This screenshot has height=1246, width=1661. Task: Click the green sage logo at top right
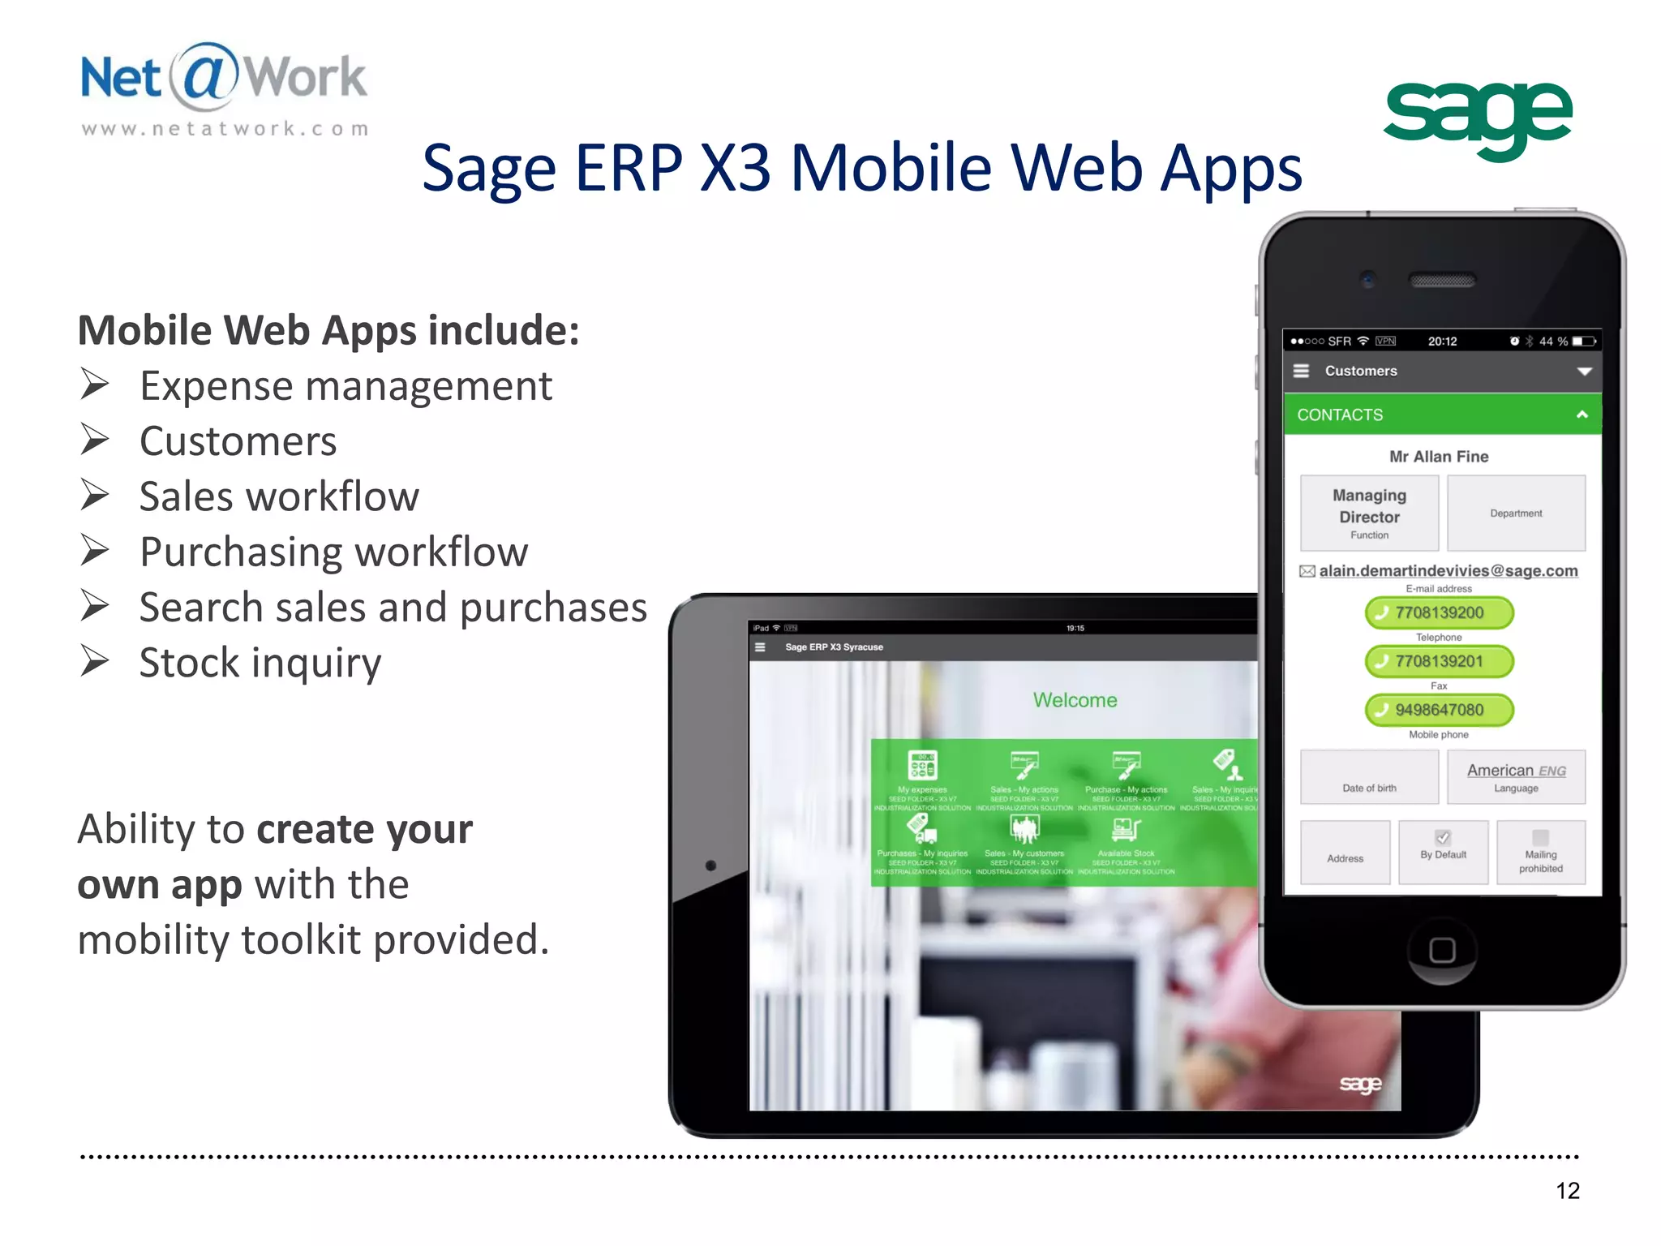(x=1478, y=119)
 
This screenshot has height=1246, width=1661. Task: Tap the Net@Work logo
(x=224, y=88)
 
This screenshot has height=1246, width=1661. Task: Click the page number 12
(x=1567, y=1190)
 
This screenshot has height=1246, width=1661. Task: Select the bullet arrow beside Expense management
(x=95, y=385)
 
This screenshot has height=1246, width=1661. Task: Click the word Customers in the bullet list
(x=238, y=441)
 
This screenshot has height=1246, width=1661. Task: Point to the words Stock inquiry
(x=260, y=663)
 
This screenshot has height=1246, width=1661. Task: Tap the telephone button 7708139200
(x=1439, y=612)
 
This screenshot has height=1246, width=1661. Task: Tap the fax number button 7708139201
(x=1439, y=661)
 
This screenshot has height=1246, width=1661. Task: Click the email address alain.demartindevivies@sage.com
(x=1448, y=571)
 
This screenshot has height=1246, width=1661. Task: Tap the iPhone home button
(x=1442, y=950)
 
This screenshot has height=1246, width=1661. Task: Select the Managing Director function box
(x=1369, y=513)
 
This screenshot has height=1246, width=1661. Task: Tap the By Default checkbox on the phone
(x=1443, y=838)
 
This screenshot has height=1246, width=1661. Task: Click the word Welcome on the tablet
(x=1075, y=700)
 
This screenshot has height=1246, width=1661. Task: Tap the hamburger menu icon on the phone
(x=1301, y=371)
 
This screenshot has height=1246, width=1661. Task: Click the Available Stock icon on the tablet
(x=1126, y=830)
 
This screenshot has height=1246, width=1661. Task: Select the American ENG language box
(x=1516, y=776)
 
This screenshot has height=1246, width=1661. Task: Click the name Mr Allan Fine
(x=1439, y=457)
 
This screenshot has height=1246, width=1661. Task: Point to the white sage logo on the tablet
(x=1360, y=1085)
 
